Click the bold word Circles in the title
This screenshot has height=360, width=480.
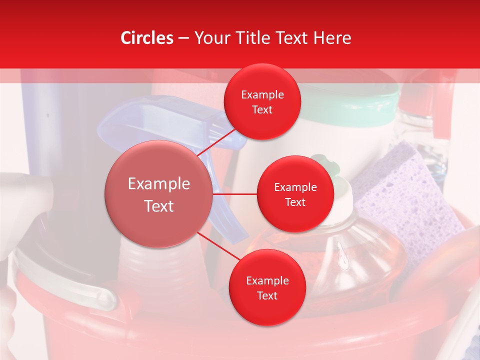(x=147, y=38)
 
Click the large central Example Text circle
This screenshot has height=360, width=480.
(x=159, y=194)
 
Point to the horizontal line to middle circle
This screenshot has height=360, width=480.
(x=235, y=194)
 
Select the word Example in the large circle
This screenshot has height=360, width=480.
(x=159, y=184)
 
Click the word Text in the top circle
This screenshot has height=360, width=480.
(x=262, y=110)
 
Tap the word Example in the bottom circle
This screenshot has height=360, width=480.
(x=267, y=281)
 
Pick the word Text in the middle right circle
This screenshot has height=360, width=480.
(x=295, y=202)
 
